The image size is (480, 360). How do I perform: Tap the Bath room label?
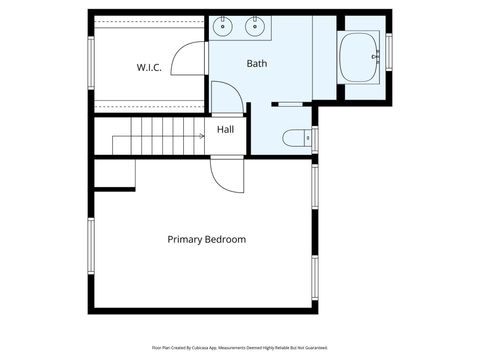pyautogui.click(x=257, y=64)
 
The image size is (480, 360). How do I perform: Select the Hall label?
pyautogui.click(x=226, y=129)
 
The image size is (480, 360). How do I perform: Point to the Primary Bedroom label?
pyautogui.click(x=206, y=240)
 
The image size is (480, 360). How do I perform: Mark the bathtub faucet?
pyautogui.click(x=375, y=56)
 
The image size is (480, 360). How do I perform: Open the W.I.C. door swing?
pyautogui.click(x=190, y=61)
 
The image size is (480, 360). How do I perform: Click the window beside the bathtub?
pyautogui.click(x=390, y=48)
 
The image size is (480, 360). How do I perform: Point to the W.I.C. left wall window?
pyautogui.click(x=91, y=66)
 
